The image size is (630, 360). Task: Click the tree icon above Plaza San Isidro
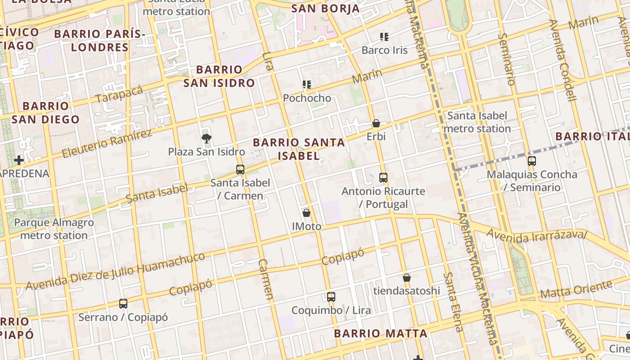click(x=207, y=139)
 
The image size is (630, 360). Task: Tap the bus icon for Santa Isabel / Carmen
click(x=240, y=170)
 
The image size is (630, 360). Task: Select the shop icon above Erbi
click(x=376, y=123)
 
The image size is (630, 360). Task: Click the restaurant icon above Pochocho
click(x=307, y=84)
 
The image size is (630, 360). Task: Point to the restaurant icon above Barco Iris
click(x=384, y=36)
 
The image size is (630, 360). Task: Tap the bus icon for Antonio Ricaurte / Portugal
click(x=383, y=178)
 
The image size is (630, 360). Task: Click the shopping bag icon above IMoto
click(x=306, y=213)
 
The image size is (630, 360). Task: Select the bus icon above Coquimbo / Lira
click(x=331, y=297)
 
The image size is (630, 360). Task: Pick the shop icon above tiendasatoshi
click(x=407, y=278)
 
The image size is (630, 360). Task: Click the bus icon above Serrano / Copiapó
click(x=123, y=304)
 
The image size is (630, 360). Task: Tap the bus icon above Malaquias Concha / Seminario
click(x=532, y=161)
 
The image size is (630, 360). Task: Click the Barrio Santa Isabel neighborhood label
click(x=299, y=149)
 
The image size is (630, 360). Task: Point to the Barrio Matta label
click(x=381, y=333)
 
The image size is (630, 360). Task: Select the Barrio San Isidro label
click(x=219, y=76)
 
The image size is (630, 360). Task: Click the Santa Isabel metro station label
click(x=477, y=122)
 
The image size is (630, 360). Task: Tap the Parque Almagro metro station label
click(x=54, y=229)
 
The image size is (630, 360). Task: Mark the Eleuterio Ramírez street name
click(x=107, y=144)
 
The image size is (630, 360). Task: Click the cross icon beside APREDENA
click(x=18, y=160)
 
